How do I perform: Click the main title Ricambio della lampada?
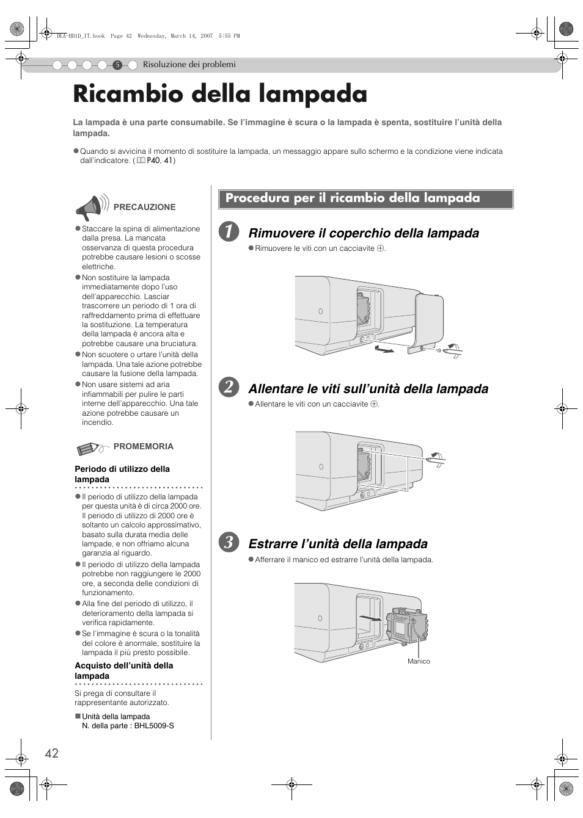tap(220, 95)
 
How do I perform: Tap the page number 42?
tap(52, 753)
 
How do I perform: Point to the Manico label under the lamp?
tap(419, 661)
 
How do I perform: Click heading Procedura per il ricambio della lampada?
tap(353, 198)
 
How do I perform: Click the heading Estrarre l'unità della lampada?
tap(338, 543)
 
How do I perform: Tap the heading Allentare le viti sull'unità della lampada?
tap(368, 388)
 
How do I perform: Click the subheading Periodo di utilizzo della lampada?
tap(122, 474)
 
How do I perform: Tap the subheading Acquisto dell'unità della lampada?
tap(123, 670)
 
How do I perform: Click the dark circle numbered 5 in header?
tap(118, 65)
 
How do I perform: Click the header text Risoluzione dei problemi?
tap(189, 65)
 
